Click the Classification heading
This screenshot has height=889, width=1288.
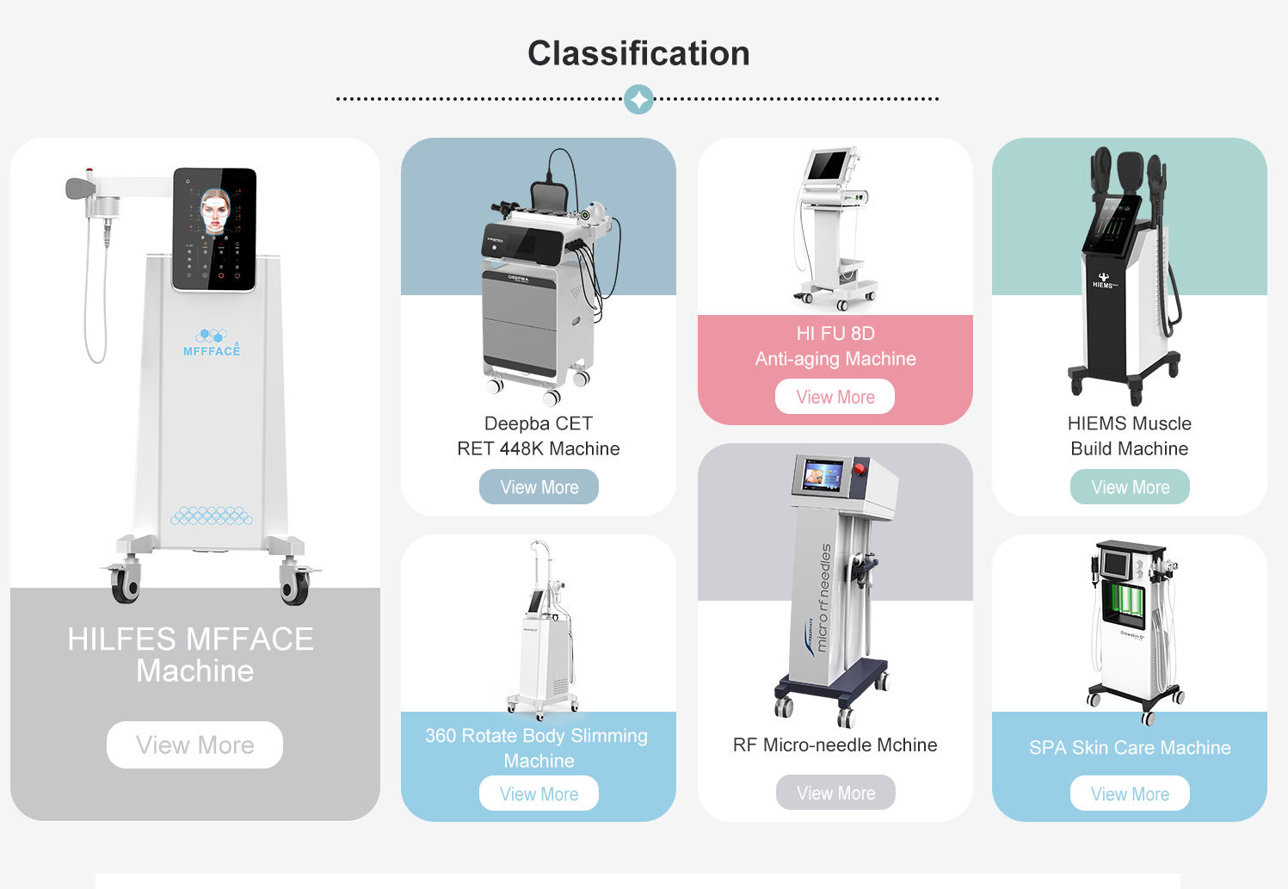click(638, 53)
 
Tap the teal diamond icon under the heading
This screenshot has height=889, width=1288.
click(638, 99)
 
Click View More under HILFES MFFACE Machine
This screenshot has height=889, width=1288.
click(194, 744)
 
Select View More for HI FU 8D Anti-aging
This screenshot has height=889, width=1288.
click(835, 397)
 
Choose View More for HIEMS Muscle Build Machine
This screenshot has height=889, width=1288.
click(1130, 487)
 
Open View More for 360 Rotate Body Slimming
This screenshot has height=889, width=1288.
click(539, 793)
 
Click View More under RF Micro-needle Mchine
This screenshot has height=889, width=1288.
click(835, 793)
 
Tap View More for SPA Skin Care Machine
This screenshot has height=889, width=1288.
click(1130, 793)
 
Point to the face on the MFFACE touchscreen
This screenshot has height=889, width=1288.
click(215, 212)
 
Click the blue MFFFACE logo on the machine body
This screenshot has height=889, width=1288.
click(212, 343)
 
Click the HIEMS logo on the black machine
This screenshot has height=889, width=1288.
click(1104, 281)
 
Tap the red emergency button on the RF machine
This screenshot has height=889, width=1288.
click(858, 469)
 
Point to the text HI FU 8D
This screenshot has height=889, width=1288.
click(835, 333)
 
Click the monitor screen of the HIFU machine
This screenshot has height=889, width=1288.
click(828, 164)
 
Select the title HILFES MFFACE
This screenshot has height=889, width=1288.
click(190, 639)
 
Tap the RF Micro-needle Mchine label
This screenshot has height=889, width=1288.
click(835, 745)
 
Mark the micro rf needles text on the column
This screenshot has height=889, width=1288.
click(823, 597)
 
